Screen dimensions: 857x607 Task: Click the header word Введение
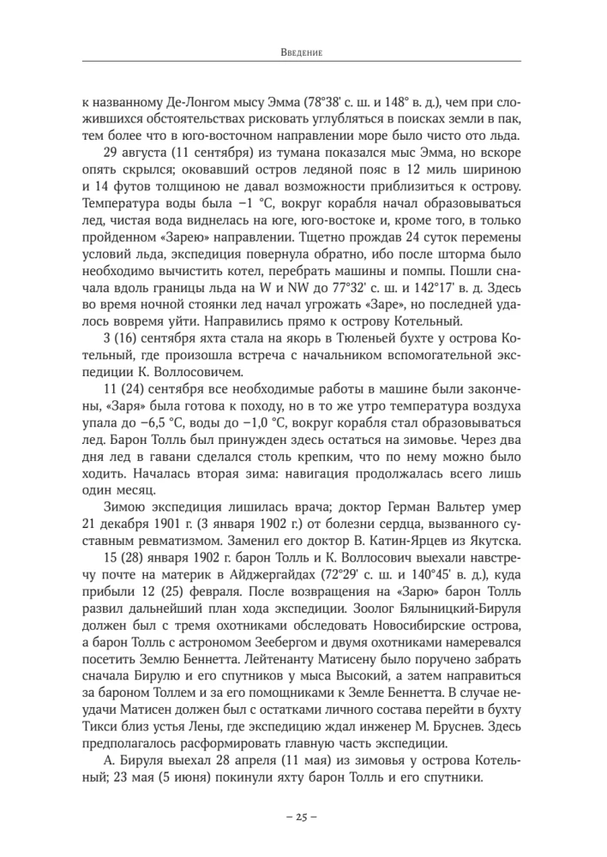coord(303,52)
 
